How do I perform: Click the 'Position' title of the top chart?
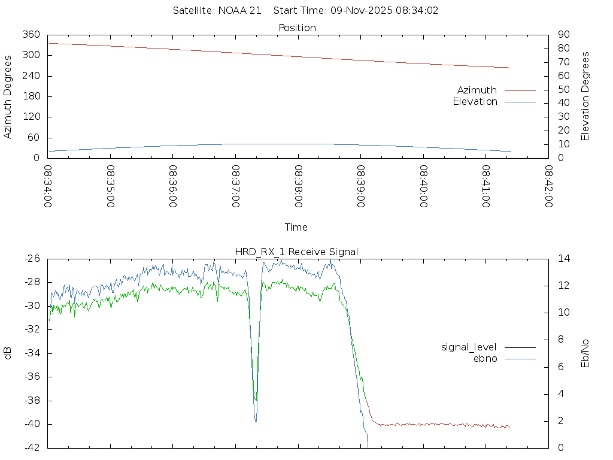[x=297, y=28]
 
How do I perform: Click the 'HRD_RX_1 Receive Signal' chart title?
[x=297, y=252]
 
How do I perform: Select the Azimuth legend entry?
[x=477, y=90]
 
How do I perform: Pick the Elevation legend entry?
[x=475, y=102]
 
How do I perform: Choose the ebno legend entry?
[x=485, y=359]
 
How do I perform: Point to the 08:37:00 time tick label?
[x=236, y=186]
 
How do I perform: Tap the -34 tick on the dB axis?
[x=32, y=353]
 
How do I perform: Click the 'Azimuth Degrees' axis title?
[x=8, y=96]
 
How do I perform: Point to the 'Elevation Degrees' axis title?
[x=586, y=96]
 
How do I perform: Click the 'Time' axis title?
[x=296, y=228]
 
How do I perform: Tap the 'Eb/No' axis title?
[x=586, y=353]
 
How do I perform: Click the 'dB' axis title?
[x=8, y=353]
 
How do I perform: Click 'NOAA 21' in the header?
[x=242, y=11]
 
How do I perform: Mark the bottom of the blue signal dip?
[x=256, y=421]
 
